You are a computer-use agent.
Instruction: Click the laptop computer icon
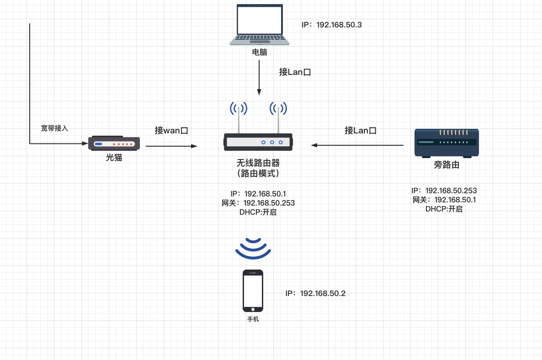pyautogui.click(x=259, y=25)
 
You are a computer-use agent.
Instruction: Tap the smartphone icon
pyautogui.click(x=253, y=291)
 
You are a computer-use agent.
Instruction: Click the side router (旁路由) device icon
pyautogui.click(x=446, y=143)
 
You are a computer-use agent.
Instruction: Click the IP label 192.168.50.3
pyautogui.click(x=332, y=25)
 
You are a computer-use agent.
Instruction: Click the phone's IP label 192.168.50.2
pyautogui.click(x=315, y=293)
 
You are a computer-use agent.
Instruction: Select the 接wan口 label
pyautogui.click(x=171, y=131)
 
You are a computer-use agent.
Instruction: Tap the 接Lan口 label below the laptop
pyautogui.click(x=295, y=72)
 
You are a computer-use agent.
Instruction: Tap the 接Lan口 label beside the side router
pyautogui.click(x=361, y=131)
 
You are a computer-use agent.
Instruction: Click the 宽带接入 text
pyautogui.click(x=54, y=128)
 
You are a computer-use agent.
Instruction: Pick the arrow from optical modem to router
pyautogui.click(x=171, y=146)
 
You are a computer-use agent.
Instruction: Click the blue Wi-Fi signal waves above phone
pyautogui.click(x=253, y=247)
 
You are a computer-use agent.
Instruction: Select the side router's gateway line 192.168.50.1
pyautogui.click(x=444, y=200)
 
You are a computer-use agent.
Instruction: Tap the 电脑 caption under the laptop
pyautogui.click(x=260, y=52)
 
